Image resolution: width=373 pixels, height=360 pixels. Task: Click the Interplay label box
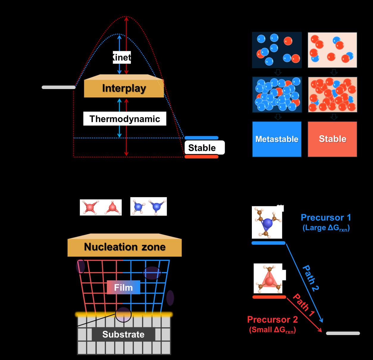tap(124, 88)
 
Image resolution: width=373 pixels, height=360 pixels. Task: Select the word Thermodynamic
tap(125, 119)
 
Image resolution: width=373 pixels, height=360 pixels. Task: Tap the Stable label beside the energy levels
tap(202, 148)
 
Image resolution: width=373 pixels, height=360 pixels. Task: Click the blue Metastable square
tap(277, 139)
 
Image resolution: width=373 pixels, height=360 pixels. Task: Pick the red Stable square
tap(333, 139)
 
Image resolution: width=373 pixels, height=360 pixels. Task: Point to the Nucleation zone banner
tap(124, 247)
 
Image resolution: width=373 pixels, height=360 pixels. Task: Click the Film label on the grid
tap(123, 287)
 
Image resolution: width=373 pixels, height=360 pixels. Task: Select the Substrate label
tap(123, 334)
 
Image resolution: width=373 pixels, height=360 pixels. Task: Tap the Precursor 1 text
tap(326, 218)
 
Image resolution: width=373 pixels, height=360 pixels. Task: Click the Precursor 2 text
tap(272, 320)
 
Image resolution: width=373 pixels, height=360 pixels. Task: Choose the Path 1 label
tap(303, 305)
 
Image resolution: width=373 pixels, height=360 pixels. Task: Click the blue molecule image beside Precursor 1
tap(267, 222)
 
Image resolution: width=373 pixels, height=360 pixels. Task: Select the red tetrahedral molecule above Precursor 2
tap(268, 279)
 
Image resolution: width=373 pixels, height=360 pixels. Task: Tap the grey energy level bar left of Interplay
tap(59, 87)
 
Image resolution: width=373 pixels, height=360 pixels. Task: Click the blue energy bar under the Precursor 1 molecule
tap(269, 243)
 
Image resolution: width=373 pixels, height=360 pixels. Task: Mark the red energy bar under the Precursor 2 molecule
tap(269, 297)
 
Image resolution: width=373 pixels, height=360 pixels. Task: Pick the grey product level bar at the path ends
tap(343, 333)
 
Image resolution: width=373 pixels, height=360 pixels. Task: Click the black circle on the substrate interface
tap(123, 314)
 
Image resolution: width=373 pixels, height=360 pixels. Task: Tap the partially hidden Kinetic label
tap(122, 57)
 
